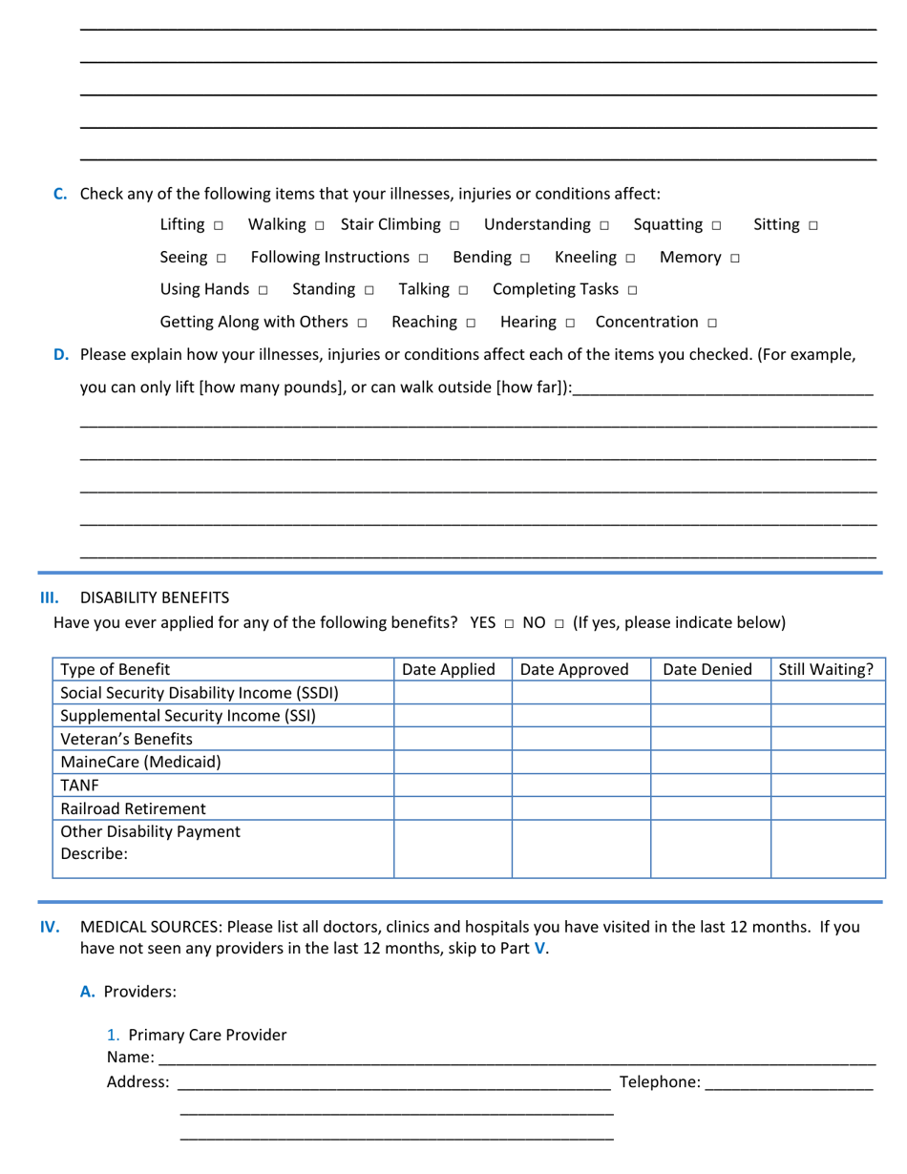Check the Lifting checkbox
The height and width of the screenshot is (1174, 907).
[x=219, y=226]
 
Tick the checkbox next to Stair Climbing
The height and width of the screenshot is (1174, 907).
[x=454, y=226]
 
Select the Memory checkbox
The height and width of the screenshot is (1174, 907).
[x=734, y=259]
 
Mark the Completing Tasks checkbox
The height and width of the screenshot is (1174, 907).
[x=633, y=290]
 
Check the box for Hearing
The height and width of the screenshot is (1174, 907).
[x=570, y=324]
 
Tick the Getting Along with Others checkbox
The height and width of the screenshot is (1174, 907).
[x=362, y=324]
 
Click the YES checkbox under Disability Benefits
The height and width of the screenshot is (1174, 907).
[x=509, y=624]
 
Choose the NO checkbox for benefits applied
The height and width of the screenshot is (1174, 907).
[x=559, y=624]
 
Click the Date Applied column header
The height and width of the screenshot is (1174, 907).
[x=449, y=669]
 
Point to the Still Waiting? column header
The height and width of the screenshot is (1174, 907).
[x=826, y=669]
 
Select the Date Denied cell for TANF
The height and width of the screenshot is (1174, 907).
[x=710, y=785]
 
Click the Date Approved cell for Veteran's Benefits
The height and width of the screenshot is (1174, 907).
[x=580, y=739]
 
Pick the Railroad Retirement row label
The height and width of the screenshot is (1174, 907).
[x=133, y=808]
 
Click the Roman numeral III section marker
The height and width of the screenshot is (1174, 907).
[x=50, y=597]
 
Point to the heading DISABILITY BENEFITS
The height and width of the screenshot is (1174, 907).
[x=155, y=597]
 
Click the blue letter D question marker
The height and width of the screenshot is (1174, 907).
[x=61, y=355]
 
